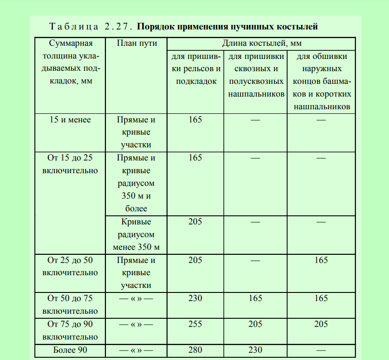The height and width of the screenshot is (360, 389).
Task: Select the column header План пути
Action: tap(136, 44)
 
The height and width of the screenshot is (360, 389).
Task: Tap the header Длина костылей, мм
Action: tap(262, 44)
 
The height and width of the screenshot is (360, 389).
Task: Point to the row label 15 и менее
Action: tap(70, 120)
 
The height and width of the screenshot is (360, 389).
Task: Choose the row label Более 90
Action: tap(70, 350)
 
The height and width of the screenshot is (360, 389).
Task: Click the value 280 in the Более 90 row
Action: tap(195, 350)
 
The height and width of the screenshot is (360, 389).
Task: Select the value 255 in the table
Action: tap(195, 324)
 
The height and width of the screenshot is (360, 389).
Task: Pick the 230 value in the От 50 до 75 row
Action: tap(195, 298)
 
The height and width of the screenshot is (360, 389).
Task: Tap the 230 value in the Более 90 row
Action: tap(255, 350)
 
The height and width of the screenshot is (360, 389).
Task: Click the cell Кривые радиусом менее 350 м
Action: tap(136, 235)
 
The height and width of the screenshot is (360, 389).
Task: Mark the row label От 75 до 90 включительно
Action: tap(70, 331)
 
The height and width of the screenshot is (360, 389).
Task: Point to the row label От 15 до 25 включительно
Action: tap(70, 164)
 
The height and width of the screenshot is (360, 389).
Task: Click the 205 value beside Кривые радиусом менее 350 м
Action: tap(195, 222)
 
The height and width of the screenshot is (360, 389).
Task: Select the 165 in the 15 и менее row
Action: tap(195, 120)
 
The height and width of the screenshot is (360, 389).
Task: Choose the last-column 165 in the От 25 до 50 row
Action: tap(321, 260)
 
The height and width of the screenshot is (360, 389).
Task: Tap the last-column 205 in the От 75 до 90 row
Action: tap(321, 324)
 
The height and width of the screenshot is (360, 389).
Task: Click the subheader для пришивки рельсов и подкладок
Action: tap(195, 69)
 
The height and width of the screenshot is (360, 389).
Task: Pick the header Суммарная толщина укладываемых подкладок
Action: tap(70, 63)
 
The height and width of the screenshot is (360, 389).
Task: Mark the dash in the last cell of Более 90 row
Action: tap(321, 350)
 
